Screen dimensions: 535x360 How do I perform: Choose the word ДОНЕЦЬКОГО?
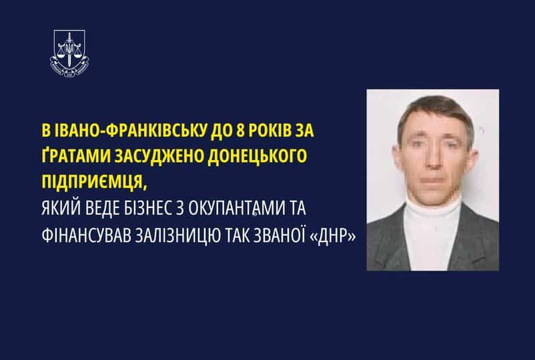point(257,156)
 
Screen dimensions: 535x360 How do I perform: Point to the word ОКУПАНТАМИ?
point(237,209)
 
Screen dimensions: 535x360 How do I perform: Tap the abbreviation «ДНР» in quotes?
point(333,236)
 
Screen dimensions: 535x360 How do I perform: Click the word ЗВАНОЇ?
point(279,235)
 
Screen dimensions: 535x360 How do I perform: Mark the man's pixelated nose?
point(434,159)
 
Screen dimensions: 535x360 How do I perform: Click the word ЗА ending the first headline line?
point(303,131)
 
